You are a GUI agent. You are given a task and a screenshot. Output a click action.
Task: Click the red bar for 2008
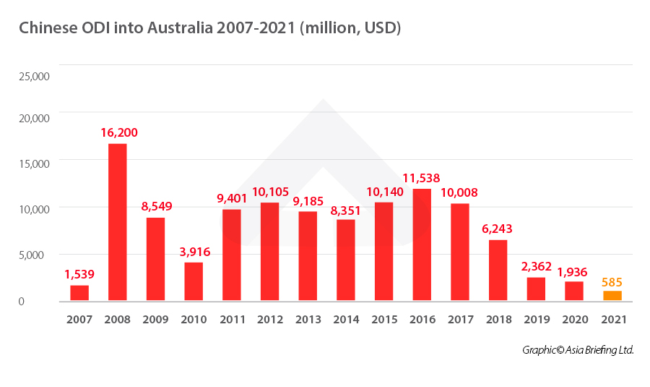point(118,221)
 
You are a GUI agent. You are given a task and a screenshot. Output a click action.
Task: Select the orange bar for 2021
point(612,295)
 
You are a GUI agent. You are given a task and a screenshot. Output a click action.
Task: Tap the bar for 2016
point(422,244)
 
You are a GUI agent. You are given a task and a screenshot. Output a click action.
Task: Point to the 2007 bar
point(79,292)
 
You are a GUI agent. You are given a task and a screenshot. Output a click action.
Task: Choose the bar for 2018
point(498,270)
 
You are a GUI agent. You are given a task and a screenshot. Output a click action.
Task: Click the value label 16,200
point(118,132)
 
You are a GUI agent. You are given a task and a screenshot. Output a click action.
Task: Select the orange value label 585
point(612,282)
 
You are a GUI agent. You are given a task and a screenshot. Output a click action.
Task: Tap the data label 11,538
point(422,178)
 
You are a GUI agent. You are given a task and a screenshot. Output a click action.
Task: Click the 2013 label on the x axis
point(308,319)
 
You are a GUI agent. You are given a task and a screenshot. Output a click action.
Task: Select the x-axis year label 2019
point(536,319)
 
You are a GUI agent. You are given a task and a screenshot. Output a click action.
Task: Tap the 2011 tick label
point(232,319)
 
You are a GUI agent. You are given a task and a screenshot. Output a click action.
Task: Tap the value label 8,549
point(155,206)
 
